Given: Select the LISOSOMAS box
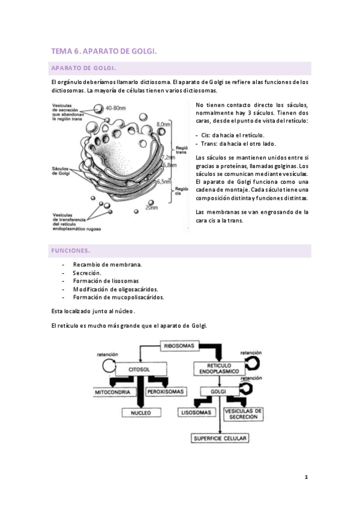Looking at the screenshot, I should pyautogui.click(x=196, y=412).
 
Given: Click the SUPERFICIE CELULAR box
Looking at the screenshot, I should pyautogui.click(x=220, y=438).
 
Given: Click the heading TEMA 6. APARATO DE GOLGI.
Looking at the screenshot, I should pyautogui.click(x=104, y=52).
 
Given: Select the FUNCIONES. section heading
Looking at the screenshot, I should pyautogui.click(x=71, y=250).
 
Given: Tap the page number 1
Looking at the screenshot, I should pyautogui.click(x=306, y=477).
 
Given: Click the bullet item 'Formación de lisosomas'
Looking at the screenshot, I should pyautogui.click(x=106, y=281).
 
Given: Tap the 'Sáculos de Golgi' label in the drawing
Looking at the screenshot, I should pyautogui.click(x=62, y=171).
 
